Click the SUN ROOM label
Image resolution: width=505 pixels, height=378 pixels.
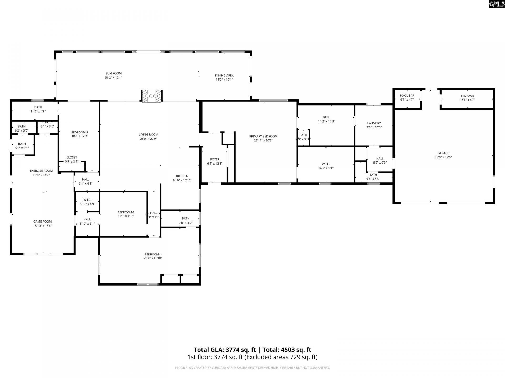(113, 73)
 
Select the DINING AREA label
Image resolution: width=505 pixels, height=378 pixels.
(224, 76)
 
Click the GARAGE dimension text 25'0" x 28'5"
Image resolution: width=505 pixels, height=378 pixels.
(443, 157)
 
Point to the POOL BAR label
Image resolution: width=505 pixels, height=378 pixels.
(407, 96)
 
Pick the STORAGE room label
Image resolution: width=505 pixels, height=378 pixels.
(467, 96)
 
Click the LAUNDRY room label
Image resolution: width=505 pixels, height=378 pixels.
(374, 123)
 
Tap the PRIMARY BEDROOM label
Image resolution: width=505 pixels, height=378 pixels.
(263, 136)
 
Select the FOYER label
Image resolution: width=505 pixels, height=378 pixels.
(215, 159)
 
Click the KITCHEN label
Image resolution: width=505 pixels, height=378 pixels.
(182, 176)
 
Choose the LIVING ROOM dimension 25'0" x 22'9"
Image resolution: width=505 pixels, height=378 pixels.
(148, 139)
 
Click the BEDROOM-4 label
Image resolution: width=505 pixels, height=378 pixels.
(153, 254)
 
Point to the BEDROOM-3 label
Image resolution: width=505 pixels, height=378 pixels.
(126, 212)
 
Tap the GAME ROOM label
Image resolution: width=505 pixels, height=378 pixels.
(42, 222)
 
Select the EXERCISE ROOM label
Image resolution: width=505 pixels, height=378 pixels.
(41, 171)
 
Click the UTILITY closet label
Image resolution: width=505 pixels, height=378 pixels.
(47, 122)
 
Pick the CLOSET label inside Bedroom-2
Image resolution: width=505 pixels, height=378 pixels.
(72, 157)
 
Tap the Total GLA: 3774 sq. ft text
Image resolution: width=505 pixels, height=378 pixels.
(225, 350)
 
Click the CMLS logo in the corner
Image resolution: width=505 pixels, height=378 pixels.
(497, 4)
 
